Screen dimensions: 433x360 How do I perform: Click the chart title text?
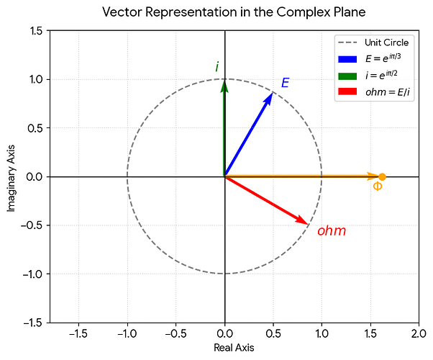pyautogui.click(x=234, y=12)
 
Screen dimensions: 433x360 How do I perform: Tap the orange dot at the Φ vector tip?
pyautogui.click(x=382, y=177)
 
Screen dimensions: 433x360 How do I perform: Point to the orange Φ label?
pyautogui.click(x=378, y=186)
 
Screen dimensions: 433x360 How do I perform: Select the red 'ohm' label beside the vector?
pyautogui.click(x=332, y=231)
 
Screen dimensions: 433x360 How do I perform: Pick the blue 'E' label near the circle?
pyautogui.click(x=285, y=83)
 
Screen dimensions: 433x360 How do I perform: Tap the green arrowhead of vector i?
pyautogui.click(x=225, y=85)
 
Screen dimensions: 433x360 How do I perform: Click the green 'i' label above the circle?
pyautogui.click(x=217, y=67)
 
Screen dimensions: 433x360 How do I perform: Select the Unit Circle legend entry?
pyautogui.click(x=373, y=42)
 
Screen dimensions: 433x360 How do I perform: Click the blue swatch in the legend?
pyautogui.click(x=347, y=59)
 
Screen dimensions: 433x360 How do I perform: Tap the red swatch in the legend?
pyautogui.click(x=347, y=91)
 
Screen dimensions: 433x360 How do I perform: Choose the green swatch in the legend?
pyautogui.click(x=347, y=76)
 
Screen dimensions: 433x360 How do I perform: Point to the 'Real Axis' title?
pyautogui.click(x=234, y=348)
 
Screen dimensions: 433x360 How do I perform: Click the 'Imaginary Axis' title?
pyautogui.click(x=11, y=179)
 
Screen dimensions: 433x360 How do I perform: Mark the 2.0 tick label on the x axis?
pyautogui.click(x=419, y=334)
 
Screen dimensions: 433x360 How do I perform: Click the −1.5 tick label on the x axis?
pyautogui.click(x=78, y=334)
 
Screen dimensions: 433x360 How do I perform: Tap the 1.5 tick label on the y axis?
pyautogui.click(x=35, y=31)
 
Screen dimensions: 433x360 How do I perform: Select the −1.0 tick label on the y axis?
pyautogui.click(x=33, y=274)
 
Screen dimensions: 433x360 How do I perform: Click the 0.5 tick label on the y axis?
pyautogui.click(x=35, y=128)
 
